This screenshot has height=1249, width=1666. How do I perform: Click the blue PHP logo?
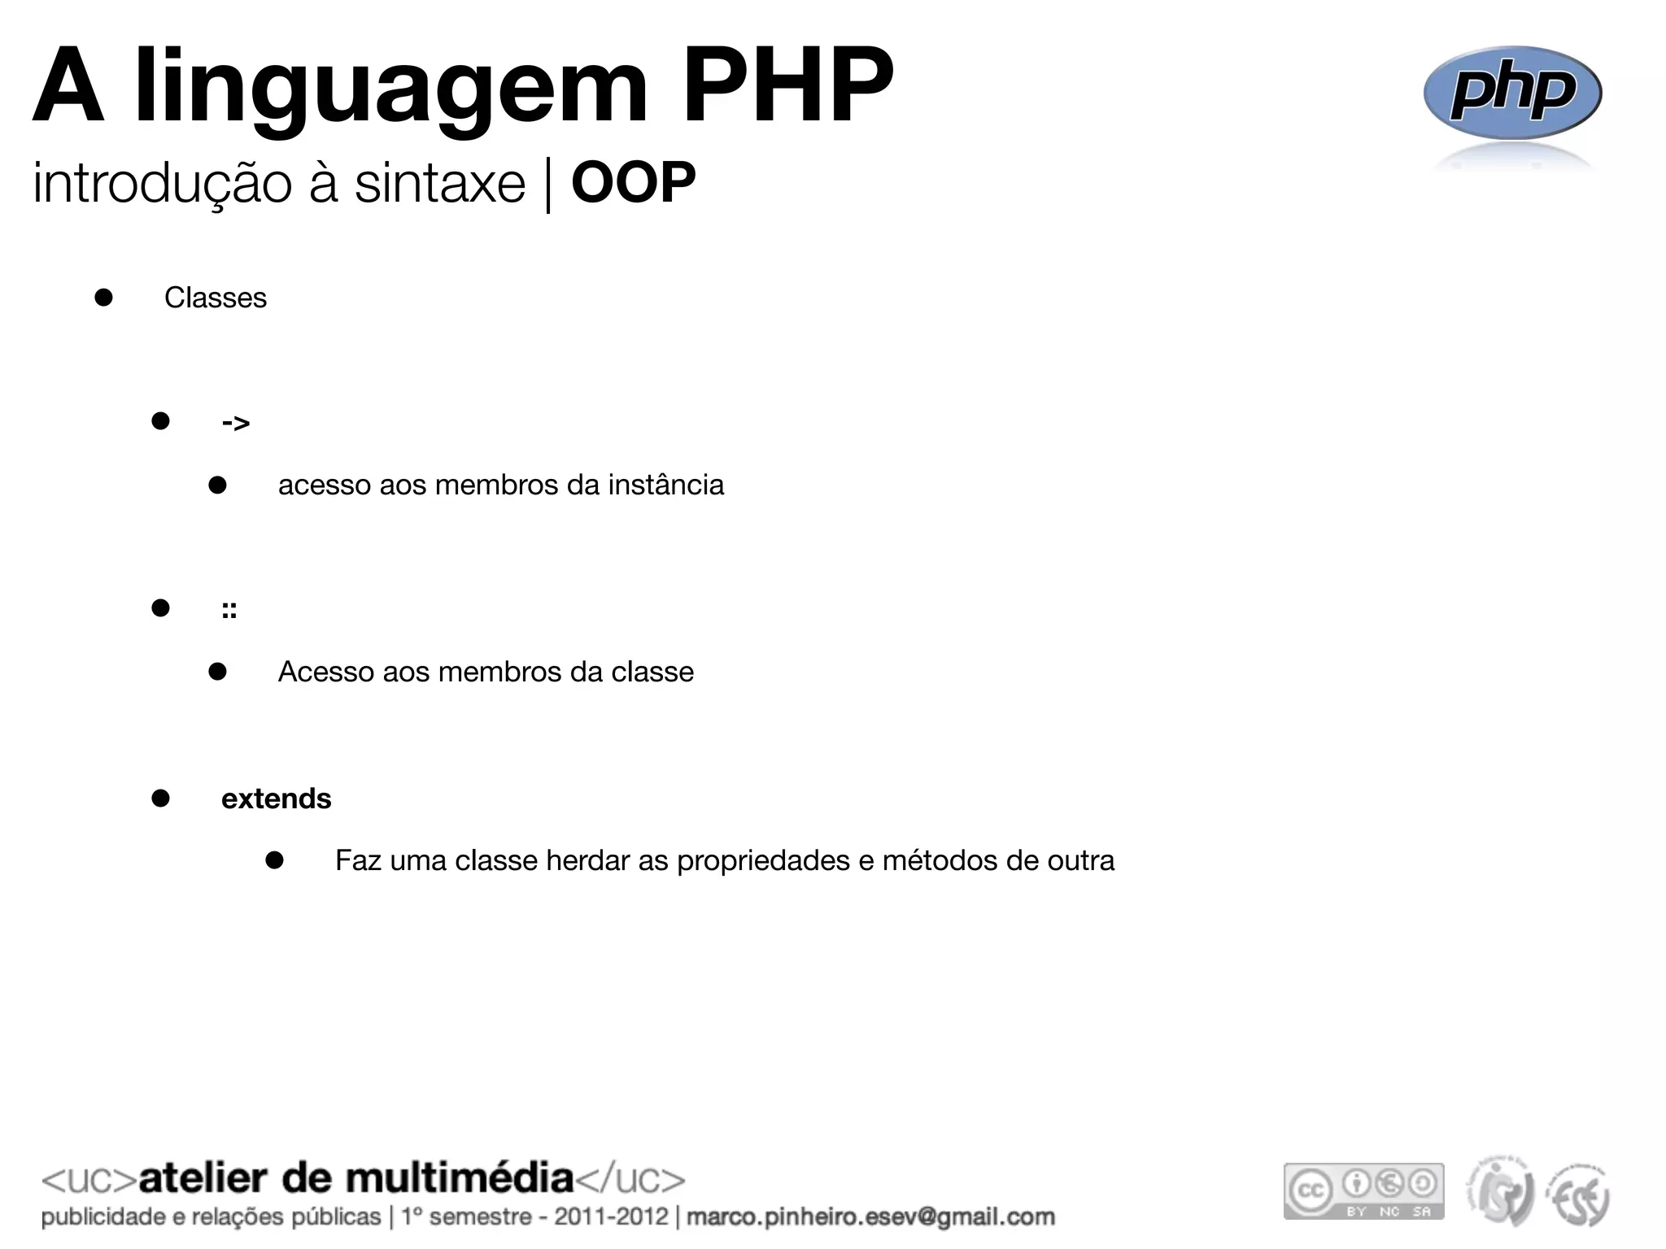tap(1511, 94)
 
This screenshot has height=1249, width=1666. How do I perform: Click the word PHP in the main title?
tap(787, 85)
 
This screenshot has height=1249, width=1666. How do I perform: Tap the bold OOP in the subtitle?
tap(633, 182)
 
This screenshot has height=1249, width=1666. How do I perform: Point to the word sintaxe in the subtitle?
tap(439, 184)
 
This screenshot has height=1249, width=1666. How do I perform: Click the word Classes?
tap(215, 298)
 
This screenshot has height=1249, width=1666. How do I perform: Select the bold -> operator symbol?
tap(235, 423)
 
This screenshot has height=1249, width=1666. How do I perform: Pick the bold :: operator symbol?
tap(229, 610)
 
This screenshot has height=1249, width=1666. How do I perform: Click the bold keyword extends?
tap(276, 799)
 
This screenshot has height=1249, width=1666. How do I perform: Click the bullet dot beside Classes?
tap(103, 297)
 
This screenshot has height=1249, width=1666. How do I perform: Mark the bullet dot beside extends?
tap(160, 798)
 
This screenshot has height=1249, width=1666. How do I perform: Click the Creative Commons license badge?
tap(1363, 1191)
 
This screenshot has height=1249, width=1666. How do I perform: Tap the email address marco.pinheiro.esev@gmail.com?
tap(870, 1217)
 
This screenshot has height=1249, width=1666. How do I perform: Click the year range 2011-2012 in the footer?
tap(611, 1217)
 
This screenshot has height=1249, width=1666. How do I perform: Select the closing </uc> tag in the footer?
tap(630, 1179)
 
